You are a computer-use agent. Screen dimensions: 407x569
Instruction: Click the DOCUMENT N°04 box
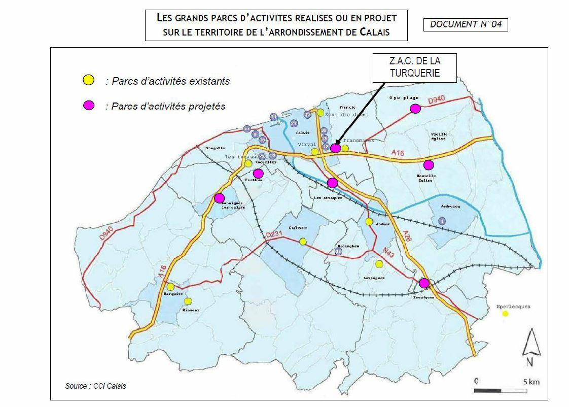465,24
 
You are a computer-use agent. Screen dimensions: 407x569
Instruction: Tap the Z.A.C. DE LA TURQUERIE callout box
414,67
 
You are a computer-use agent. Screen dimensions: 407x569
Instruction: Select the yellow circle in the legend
89,80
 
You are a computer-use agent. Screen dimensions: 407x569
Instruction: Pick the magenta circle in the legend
89,106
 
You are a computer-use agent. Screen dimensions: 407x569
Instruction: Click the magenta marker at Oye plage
415,108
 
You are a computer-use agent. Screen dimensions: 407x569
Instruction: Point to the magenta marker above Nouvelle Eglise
429,164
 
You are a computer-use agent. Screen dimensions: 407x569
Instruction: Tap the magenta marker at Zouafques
424,283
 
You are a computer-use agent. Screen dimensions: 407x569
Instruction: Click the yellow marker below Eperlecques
505,314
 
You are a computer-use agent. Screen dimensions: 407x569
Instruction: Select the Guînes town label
297,228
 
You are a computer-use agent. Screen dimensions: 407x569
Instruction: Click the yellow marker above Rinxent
188,301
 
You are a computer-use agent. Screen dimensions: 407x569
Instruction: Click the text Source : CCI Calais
95,386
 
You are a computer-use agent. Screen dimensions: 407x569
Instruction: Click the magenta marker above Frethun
258,174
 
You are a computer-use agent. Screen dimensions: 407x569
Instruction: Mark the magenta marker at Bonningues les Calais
219,198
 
